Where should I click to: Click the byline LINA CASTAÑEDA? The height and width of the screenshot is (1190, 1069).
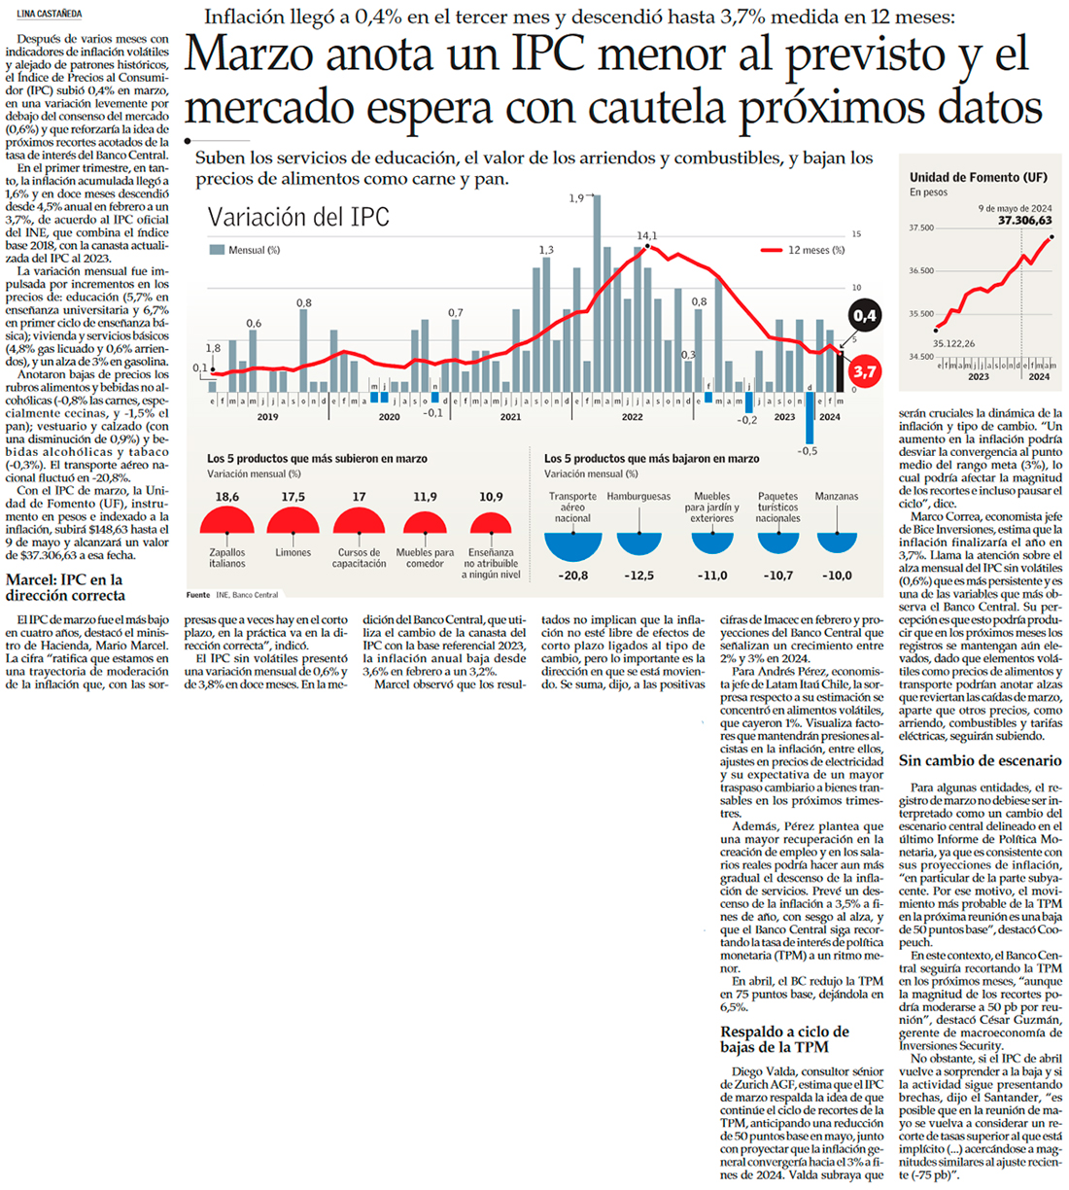click(x=50, y=15)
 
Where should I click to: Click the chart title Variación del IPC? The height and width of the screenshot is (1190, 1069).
click(x=298, y=217)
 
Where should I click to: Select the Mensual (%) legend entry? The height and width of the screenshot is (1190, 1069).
click(x=238, y=250)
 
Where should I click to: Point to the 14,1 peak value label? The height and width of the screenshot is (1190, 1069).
click(x=646, y=235)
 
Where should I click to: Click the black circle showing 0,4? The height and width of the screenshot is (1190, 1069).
click(x=864, y=316)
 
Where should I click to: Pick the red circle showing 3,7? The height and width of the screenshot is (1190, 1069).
click(x=864, y=371)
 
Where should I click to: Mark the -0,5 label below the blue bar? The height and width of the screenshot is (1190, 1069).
click(x=808, y=450)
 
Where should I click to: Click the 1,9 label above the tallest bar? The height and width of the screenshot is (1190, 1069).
click(x=577, y=198)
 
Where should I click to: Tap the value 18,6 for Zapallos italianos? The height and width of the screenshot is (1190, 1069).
click(x=226, y=497)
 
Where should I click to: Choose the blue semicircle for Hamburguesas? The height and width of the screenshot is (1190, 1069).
click(x=638, y=542)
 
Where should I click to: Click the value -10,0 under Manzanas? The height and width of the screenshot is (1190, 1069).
click(x=837, y=576)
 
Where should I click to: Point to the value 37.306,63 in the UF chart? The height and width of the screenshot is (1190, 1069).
click(x=1024, y=221)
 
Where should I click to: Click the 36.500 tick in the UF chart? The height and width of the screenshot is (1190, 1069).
click(x=920, y=271)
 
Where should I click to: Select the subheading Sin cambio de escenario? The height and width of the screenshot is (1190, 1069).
click(x=980, y=761)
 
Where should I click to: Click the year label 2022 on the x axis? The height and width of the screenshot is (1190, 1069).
click(x=632, y=417)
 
